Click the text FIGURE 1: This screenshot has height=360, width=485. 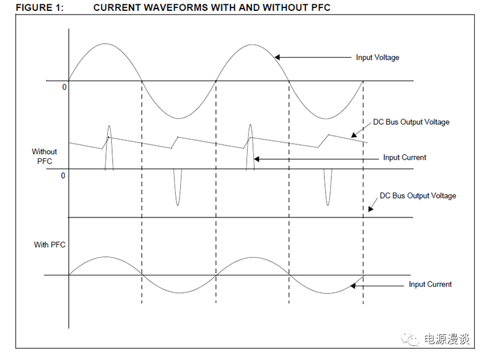pos(40,7)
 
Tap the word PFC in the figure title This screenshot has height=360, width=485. pos(321,7)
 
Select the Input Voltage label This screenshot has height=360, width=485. pos(377,58)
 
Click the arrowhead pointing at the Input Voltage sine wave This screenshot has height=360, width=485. pos(277,57)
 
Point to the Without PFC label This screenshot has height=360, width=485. pos(44,157)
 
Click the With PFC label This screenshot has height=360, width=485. pos(49,244)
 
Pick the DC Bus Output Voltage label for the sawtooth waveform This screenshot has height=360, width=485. pos(411,122)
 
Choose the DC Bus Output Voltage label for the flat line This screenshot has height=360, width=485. pos(418,196)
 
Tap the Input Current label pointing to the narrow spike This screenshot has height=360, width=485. pos(405,158)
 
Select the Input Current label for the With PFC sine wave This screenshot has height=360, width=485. pos(430,284)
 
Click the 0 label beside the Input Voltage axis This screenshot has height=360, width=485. pos(64,87)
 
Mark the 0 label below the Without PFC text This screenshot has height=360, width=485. pos(63,175)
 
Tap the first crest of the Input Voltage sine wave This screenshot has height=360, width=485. pos(105,44)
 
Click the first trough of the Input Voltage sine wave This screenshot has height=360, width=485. pos(178,118)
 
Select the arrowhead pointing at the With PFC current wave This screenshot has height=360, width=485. pos(352,286)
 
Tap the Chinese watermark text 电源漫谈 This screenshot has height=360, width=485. pos(446,339)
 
